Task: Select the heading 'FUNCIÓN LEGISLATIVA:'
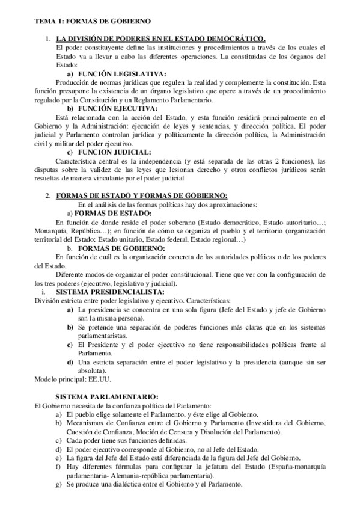(110, 72)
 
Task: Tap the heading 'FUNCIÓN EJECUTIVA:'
(108, 108)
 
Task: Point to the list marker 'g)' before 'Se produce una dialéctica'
(58, 484)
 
